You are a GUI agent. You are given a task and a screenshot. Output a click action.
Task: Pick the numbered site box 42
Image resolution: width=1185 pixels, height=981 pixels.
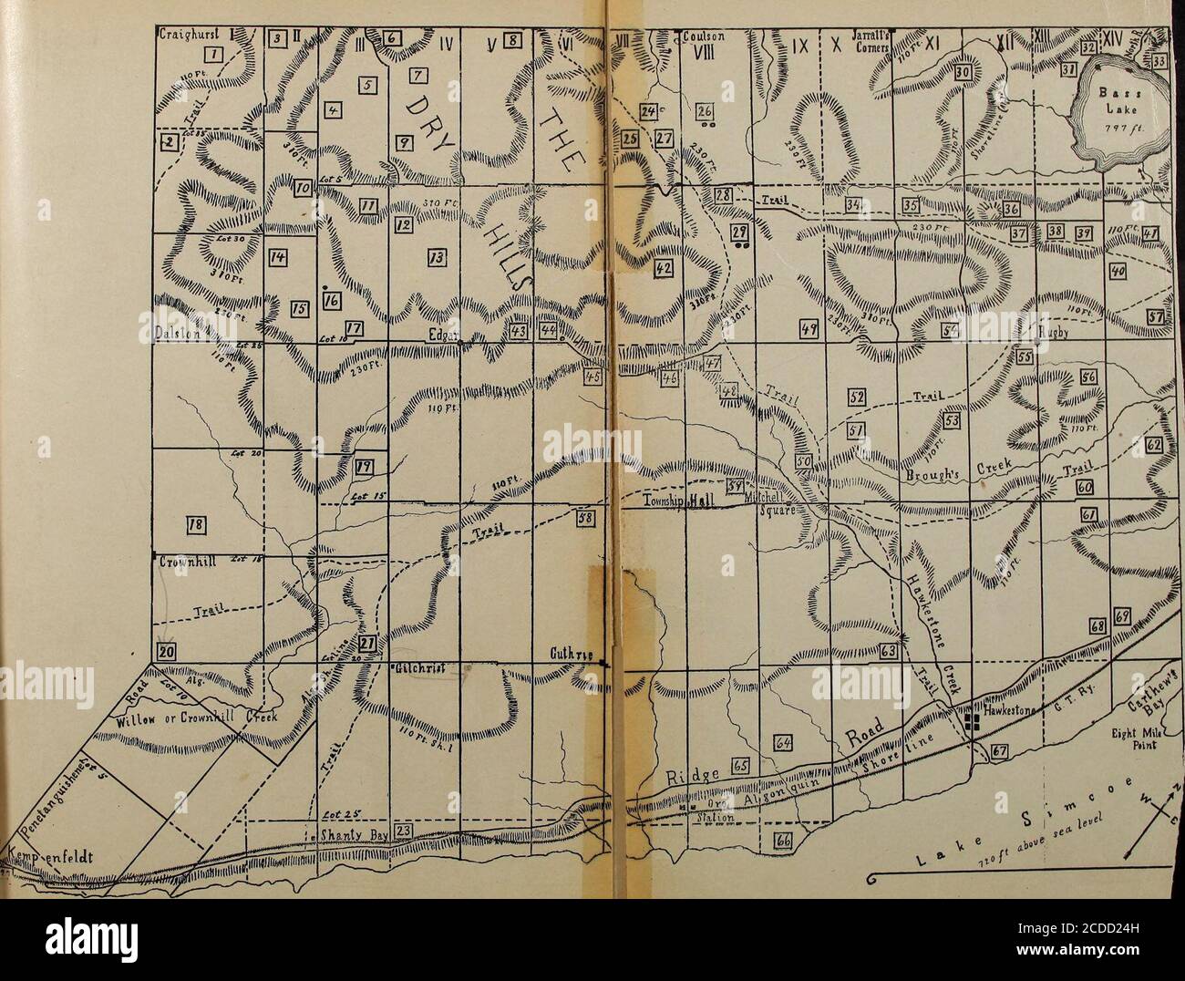pos(664,267)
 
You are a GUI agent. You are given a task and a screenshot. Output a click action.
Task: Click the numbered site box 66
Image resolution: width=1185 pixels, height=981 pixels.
pos(783,839)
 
